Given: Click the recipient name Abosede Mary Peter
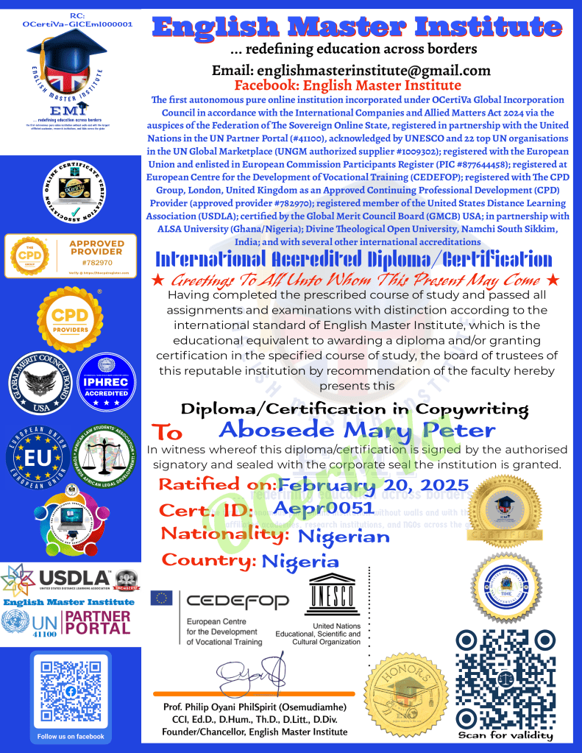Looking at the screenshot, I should [x=358, y=429].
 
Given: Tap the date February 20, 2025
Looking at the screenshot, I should [x=373, y=485].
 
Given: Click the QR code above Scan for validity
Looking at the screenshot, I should [x=504, y=676].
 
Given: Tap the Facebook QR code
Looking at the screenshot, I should [x=71, y=692].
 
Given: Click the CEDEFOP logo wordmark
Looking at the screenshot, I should [x=238, y=602].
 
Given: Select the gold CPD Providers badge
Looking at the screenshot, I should [x=69, y=318].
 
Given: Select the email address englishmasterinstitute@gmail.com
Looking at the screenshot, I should [x=351, y=71].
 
